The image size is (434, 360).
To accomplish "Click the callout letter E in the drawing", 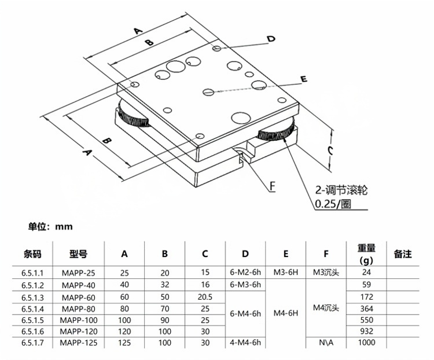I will coord(303,79).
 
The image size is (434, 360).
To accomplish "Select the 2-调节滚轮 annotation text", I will coord(341,189).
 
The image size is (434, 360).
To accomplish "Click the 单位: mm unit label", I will coord(50,227).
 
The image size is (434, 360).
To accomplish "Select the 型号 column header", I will coord(78,254).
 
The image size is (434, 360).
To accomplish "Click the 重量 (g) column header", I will coord(366,254).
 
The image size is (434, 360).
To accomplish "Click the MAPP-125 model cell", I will coord(78,343).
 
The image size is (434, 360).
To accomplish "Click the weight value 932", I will coord(366,331).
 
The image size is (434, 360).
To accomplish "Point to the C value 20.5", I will coord(205,296).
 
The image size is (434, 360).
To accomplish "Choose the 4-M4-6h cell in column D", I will coord(245,343).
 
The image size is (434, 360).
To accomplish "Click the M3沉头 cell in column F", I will coord(326,272).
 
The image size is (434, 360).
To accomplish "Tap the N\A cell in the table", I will coord(326,343).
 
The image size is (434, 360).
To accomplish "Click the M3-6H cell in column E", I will coord(286,272).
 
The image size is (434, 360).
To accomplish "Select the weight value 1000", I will coord(366,343).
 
